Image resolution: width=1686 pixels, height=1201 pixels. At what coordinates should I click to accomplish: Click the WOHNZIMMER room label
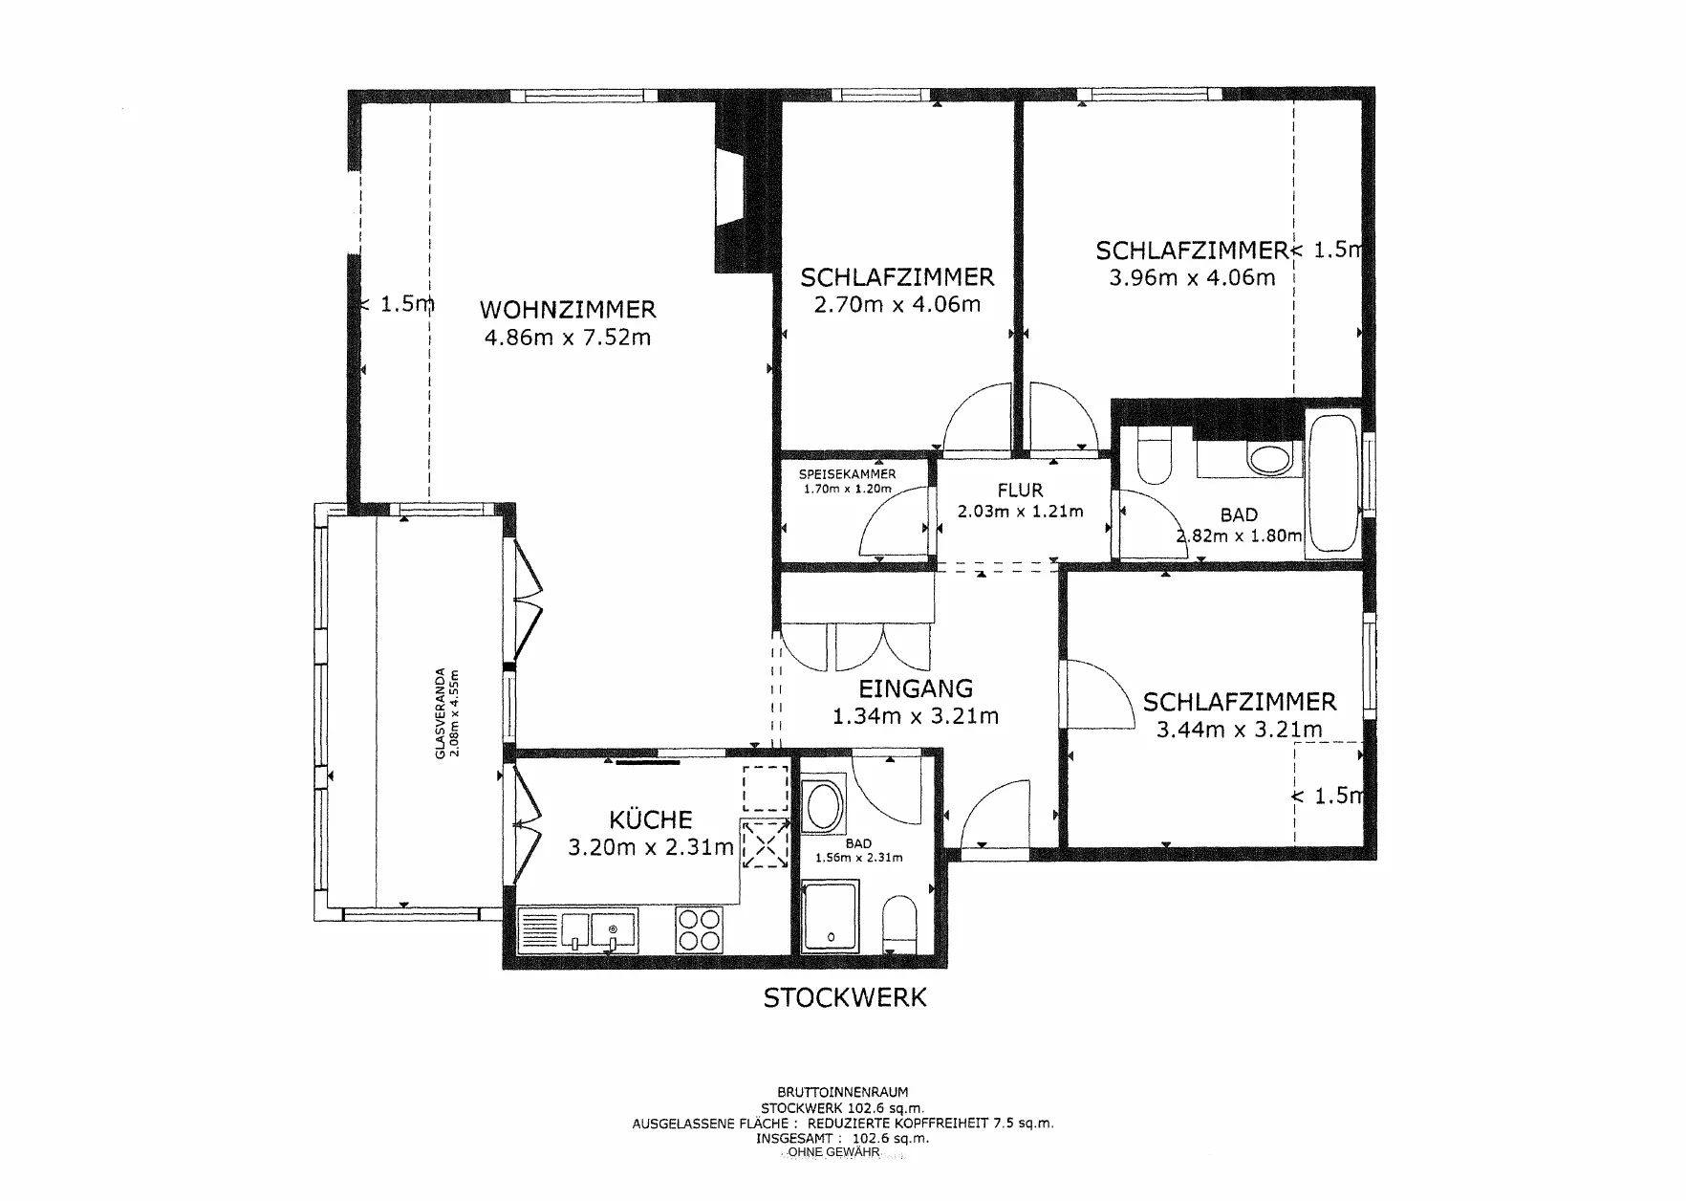coord(568,310)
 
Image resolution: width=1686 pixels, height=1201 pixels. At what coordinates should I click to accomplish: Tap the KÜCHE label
coord(650,819)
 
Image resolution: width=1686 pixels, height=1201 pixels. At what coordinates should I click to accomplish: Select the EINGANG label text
coord(916,688)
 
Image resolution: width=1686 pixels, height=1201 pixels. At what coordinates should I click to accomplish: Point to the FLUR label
coord(1020,491)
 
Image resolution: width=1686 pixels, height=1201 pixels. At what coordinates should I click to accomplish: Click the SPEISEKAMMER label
coord(848,474)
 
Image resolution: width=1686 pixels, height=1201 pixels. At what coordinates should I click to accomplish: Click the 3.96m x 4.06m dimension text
coord(1192,278)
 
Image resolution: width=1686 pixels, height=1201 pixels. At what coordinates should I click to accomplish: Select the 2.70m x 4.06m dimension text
coord(897,305)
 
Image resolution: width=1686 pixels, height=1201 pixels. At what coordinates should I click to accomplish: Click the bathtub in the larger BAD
coord(1333,484)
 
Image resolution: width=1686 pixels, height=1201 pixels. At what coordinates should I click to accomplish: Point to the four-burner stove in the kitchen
coord(700,928)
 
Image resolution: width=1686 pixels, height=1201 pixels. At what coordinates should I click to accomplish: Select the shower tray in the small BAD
coord(831,918)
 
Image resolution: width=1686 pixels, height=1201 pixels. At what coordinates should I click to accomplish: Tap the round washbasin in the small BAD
coord(824,806)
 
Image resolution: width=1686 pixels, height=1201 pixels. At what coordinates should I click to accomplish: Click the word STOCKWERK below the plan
coord(844,998)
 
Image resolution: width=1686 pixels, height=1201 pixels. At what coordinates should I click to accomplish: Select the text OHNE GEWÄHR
coord(833,1153)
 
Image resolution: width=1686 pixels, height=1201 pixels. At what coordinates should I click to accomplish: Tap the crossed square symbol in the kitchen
coord(765,844)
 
